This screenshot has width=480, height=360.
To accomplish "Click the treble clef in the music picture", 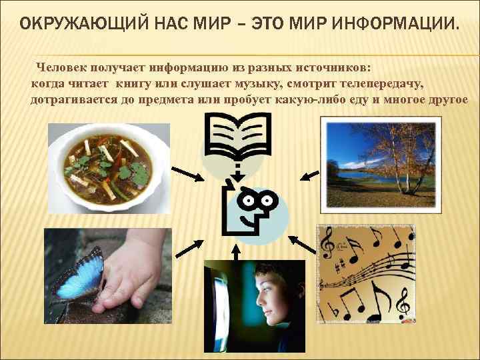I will (327, 246).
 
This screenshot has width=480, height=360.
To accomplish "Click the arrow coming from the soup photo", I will (195, 176).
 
